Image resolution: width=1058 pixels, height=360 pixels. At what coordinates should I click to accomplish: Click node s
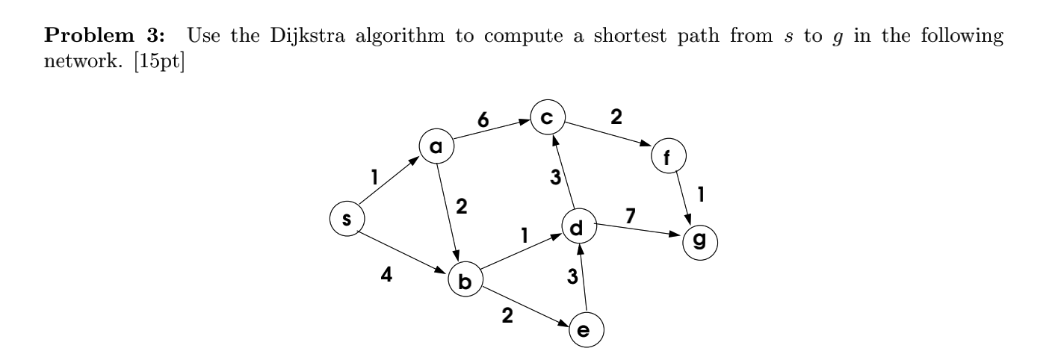pyautogui.click(x=347, y=219)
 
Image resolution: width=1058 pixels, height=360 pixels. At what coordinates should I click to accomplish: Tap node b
pyautogui.click(x=465, y=282)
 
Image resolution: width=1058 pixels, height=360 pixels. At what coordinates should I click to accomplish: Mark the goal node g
pyautogui.click(x=700, y=240)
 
